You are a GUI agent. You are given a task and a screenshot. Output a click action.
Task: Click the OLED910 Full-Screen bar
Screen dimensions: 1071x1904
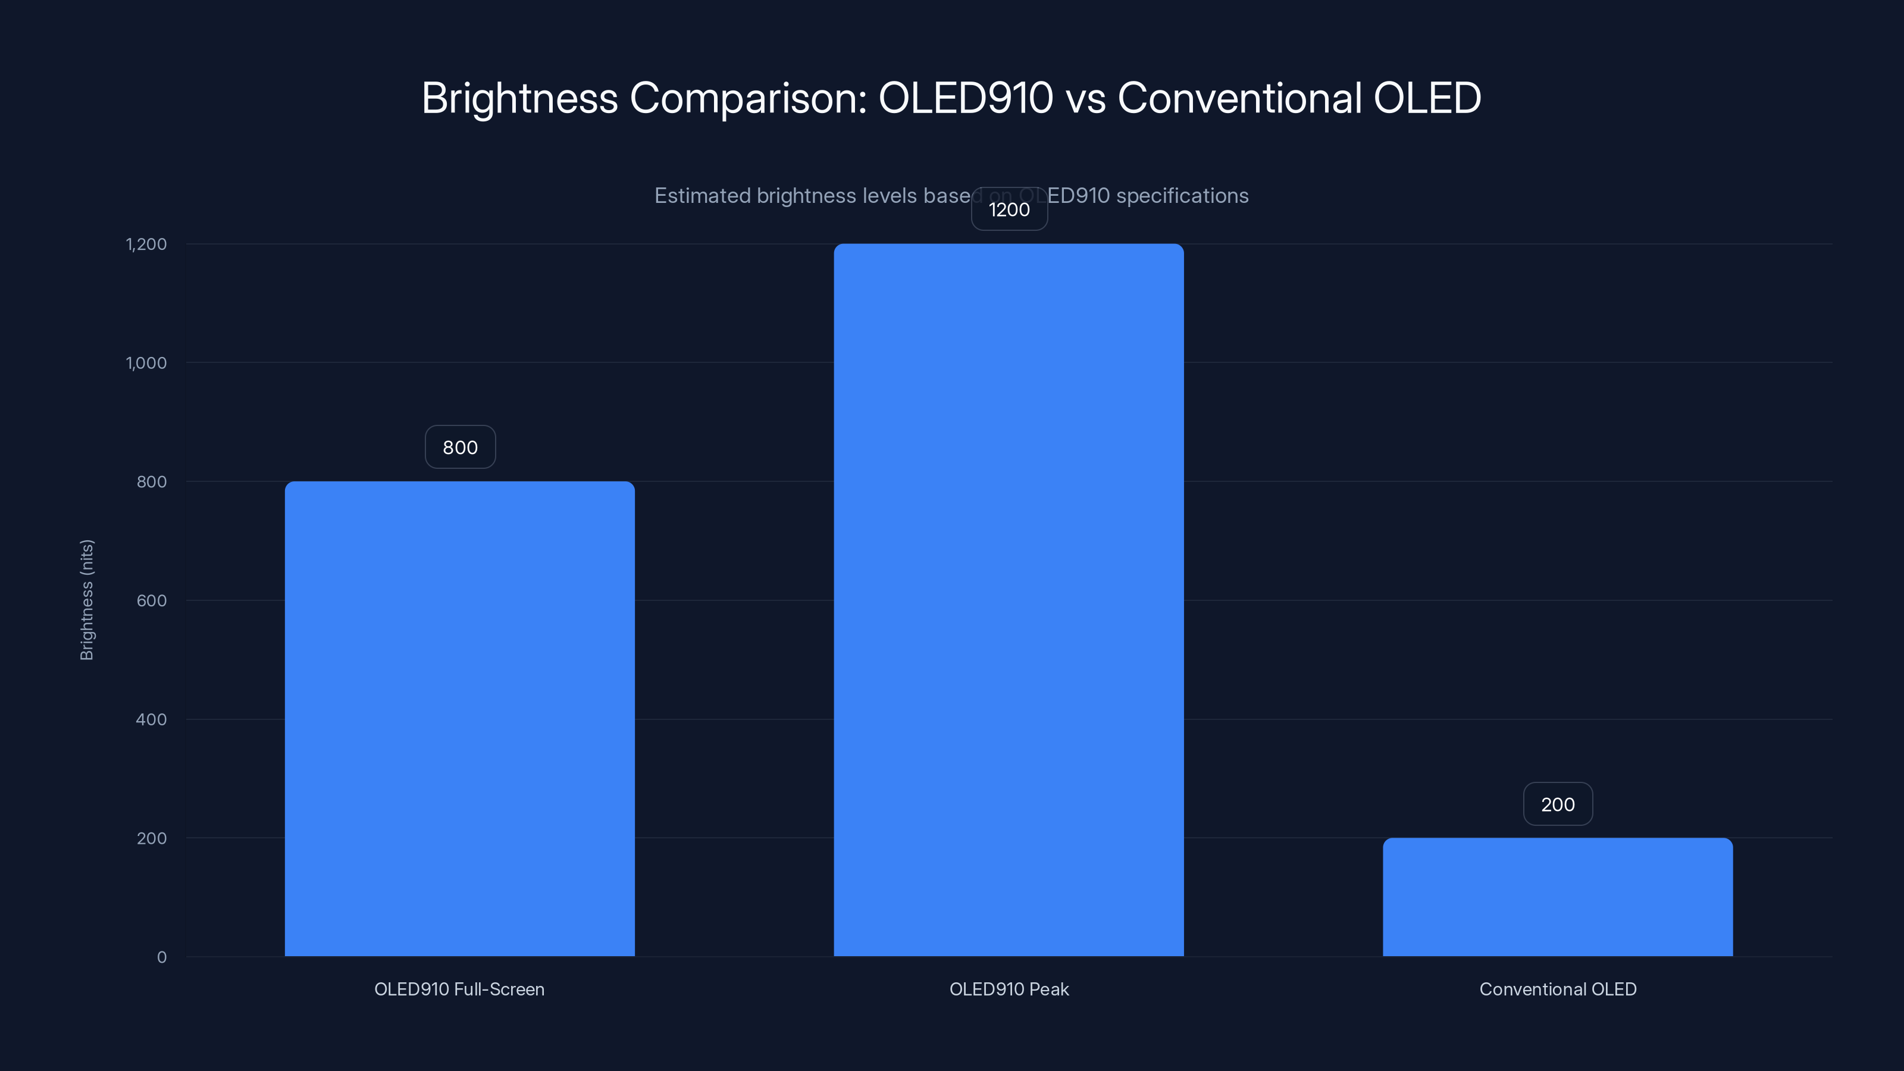pos(460,718)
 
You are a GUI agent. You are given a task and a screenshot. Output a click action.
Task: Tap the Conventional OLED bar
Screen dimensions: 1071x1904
pos(1557,897)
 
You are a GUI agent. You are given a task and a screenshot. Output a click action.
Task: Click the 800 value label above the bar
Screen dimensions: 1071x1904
pos(460,447)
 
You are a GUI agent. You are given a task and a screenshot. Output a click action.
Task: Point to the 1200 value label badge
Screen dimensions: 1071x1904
pos(1009,210)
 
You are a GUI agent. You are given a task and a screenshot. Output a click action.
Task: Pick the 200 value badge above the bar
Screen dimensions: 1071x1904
pos(1557,804)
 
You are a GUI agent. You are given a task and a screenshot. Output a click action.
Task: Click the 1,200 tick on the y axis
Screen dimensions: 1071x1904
pos(146,244)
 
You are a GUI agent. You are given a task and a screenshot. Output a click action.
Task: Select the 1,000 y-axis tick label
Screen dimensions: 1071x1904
pos(146,363)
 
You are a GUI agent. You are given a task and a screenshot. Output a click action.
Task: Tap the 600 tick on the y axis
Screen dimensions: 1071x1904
pos(152,600)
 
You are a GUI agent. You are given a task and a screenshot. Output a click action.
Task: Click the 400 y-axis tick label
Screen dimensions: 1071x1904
pos(152,719)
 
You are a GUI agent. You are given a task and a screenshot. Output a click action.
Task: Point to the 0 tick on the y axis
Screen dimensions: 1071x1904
pos(162,957)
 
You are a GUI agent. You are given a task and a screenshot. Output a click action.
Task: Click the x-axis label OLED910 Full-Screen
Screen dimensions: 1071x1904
pos(459,989)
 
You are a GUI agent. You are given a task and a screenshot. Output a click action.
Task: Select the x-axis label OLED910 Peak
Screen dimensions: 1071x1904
pos(1009,989)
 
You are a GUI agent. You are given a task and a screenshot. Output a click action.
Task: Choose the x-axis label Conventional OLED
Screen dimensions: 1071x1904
pos(1557,989)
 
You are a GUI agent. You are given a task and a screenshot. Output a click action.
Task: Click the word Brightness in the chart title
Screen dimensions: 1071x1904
pos(519,98)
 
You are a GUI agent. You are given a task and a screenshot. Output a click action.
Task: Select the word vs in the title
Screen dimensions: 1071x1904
pos(1085,98)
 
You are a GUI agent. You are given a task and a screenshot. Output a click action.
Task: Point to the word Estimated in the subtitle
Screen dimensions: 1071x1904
pos(702,196)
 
